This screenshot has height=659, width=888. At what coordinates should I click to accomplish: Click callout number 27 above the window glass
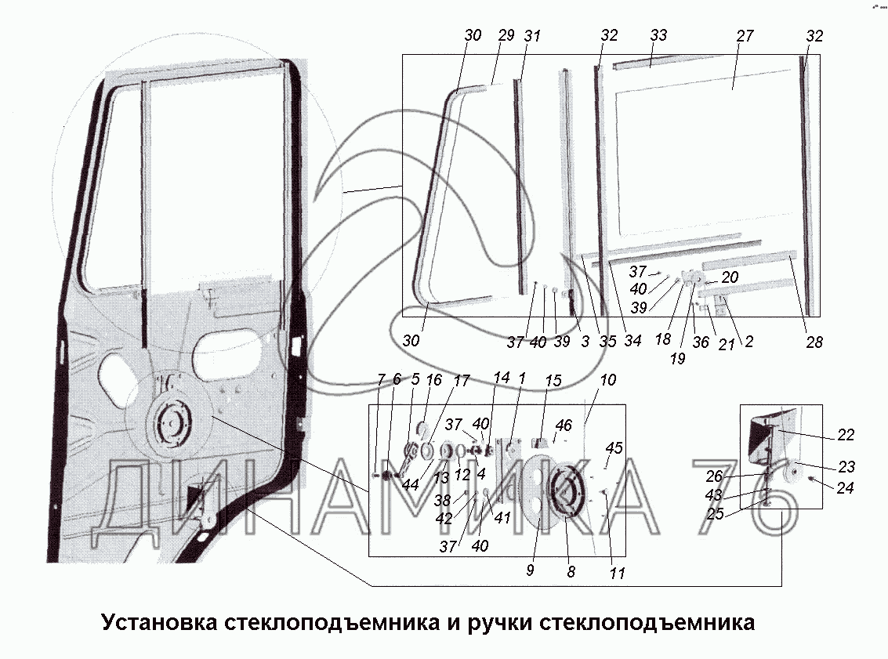pos(745,36)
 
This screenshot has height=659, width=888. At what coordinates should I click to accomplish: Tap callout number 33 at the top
pos(658,35)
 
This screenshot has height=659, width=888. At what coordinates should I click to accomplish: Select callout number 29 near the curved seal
pos(506,35)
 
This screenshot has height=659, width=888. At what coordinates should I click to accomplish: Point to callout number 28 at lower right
pos(814,342)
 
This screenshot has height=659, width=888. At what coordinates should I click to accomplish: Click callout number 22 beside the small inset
pos(845,435)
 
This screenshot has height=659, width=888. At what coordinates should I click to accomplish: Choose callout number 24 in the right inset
pos(844,487)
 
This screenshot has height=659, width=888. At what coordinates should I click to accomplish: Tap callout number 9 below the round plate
pos(530,570)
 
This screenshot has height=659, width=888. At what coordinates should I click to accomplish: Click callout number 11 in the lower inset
pos(617,574)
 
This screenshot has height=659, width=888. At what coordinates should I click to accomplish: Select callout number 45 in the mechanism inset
pos(614,448)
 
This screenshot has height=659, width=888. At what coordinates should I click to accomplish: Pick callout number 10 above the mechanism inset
pos(607,380)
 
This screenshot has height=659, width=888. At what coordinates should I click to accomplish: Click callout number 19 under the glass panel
pos(677,358)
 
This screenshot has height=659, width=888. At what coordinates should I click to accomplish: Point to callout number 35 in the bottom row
pos(607,342)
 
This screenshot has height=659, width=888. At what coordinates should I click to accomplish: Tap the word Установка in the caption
pos(160,622)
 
